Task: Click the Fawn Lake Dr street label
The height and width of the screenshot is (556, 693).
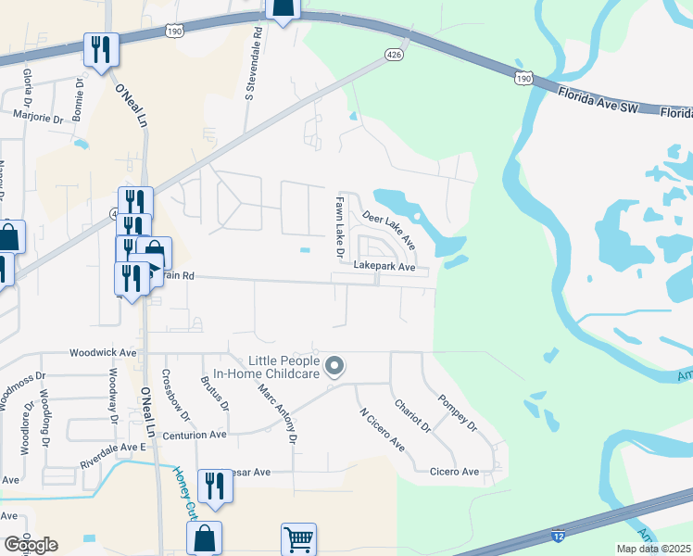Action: pos(340,227)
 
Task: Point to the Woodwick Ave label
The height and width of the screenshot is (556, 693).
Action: pos(103,353)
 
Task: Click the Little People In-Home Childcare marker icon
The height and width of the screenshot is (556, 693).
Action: pos(335,368)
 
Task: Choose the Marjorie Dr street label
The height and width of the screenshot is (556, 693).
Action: pos(37,118)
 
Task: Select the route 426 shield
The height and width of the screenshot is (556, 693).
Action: pos(394,56)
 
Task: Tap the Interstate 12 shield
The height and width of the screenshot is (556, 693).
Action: pos(558,536)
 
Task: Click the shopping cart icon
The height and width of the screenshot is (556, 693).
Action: pos(298,538)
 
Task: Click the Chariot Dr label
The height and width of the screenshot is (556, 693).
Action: pos(412,416)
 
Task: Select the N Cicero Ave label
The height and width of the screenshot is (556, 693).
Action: pos(382,430)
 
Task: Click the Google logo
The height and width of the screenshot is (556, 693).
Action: pos(31,545)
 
